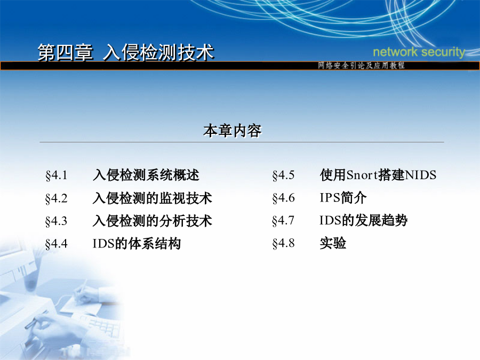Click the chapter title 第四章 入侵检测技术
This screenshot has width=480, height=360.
125,52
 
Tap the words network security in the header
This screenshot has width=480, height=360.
419,52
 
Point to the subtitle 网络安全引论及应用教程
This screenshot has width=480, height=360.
361,65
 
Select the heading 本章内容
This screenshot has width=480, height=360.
233,131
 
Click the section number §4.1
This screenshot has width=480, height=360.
57,175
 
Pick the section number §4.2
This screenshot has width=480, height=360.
57,198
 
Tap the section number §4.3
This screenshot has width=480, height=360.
57,221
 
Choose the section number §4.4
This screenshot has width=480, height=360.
57,244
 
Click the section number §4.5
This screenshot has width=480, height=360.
284,175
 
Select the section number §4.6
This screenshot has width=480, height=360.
284,198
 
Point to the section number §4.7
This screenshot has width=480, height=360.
284,221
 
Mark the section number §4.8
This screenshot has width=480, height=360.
284,243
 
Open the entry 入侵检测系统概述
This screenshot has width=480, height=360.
146,175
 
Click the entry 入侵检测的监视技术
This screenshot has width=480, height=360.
153,198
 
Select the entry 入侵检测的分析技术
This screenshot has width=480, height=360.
153,221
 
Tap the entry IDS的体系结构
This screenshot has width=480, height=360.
137,243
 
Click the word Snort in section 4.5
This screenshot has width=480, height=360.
362,175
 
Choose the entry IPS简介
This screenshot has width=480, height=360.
343,198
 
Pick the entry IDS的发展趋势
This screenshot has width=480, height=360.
363,220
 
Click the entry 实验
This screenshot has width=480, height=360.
333,243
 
